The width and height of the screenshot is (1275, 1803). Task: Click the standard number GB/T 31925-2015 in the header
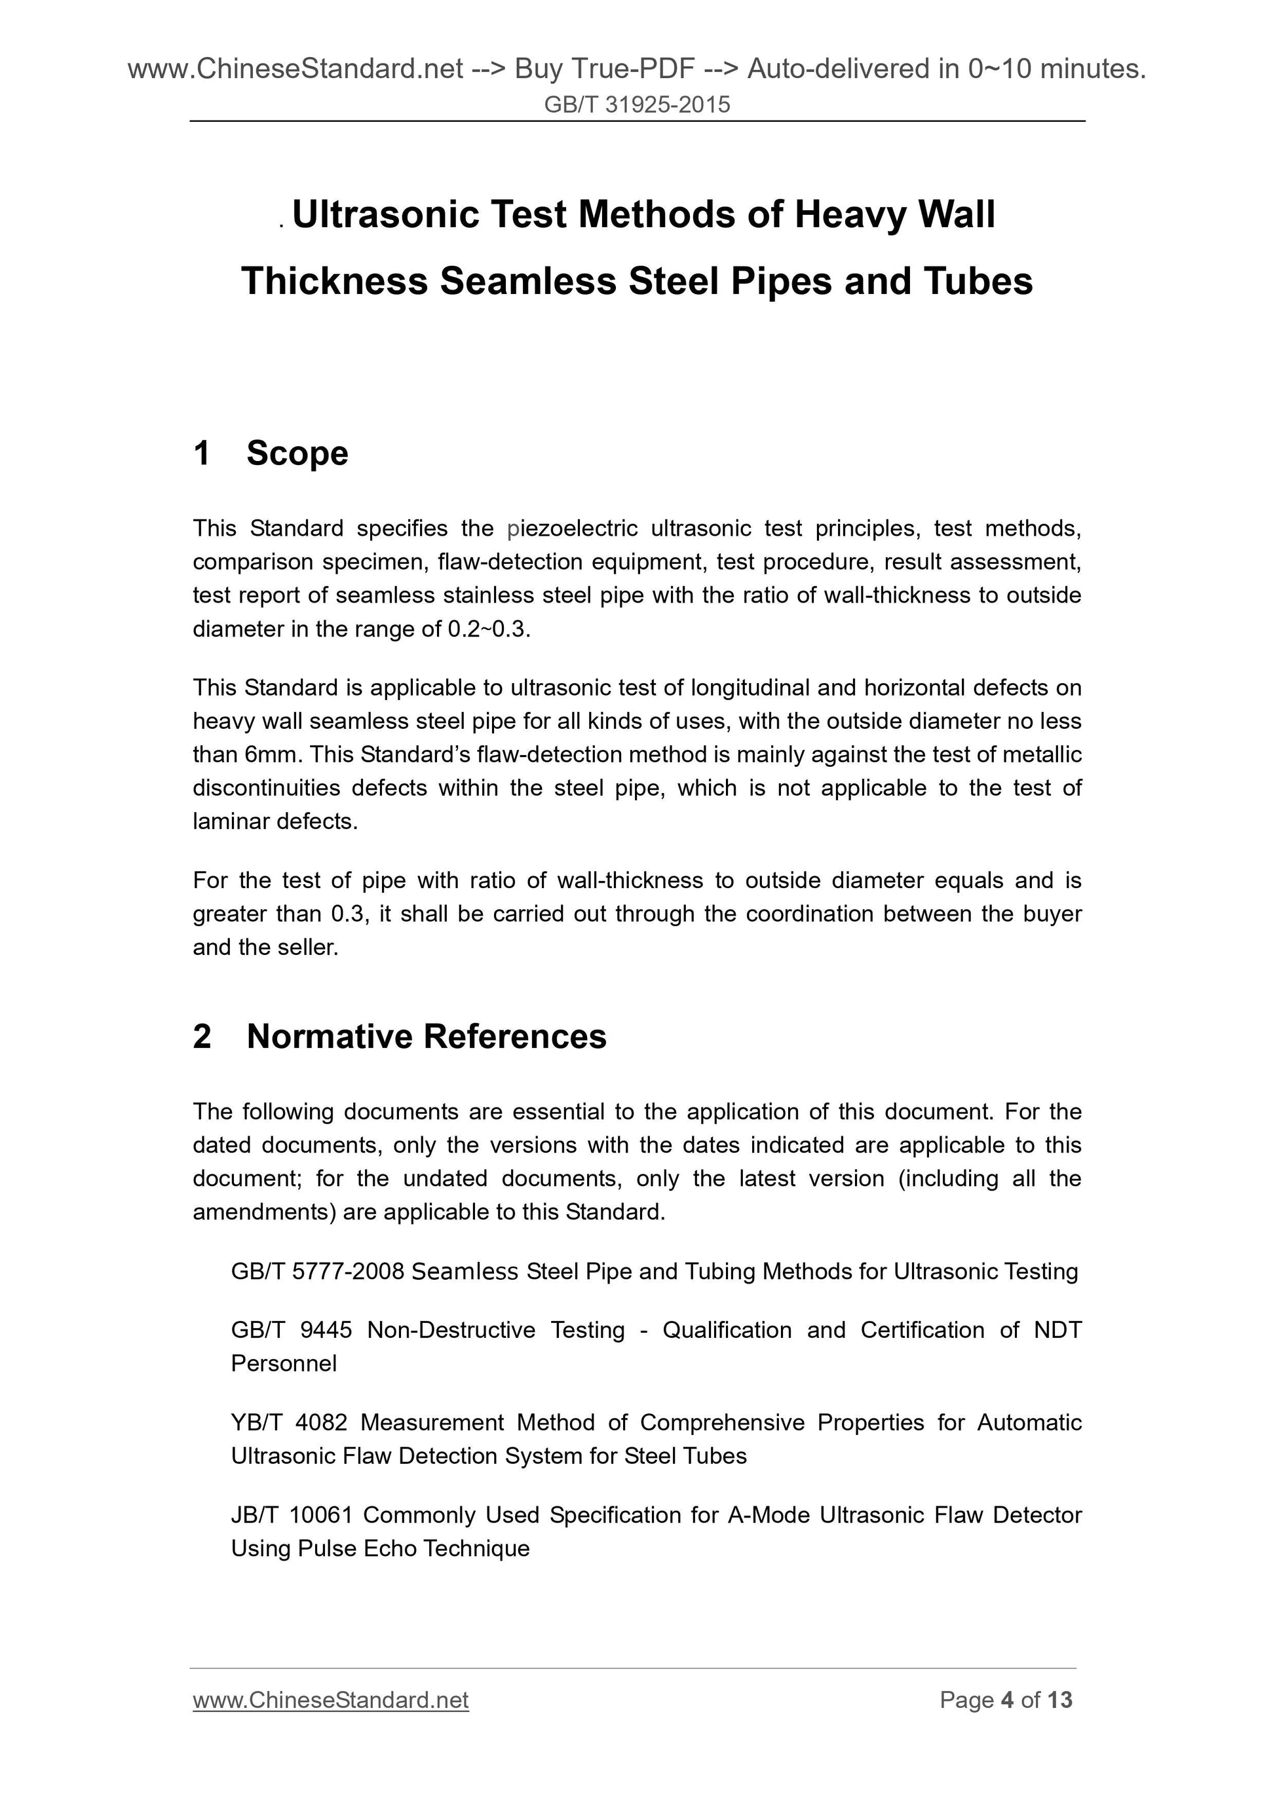637,104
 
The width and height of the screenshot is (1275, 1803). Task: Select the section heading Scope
297,453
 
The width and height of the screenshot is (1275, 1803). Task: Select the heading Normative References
427,1037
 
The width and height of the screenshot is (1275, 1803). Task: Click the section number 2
202,1037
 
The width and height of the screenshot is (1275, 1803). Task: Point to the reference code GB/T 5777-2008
317,1271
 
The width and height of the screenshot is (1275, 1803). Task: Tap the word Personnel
284,1364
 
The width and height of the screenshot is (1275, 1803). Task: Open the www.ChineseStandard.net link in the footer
331,1700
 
